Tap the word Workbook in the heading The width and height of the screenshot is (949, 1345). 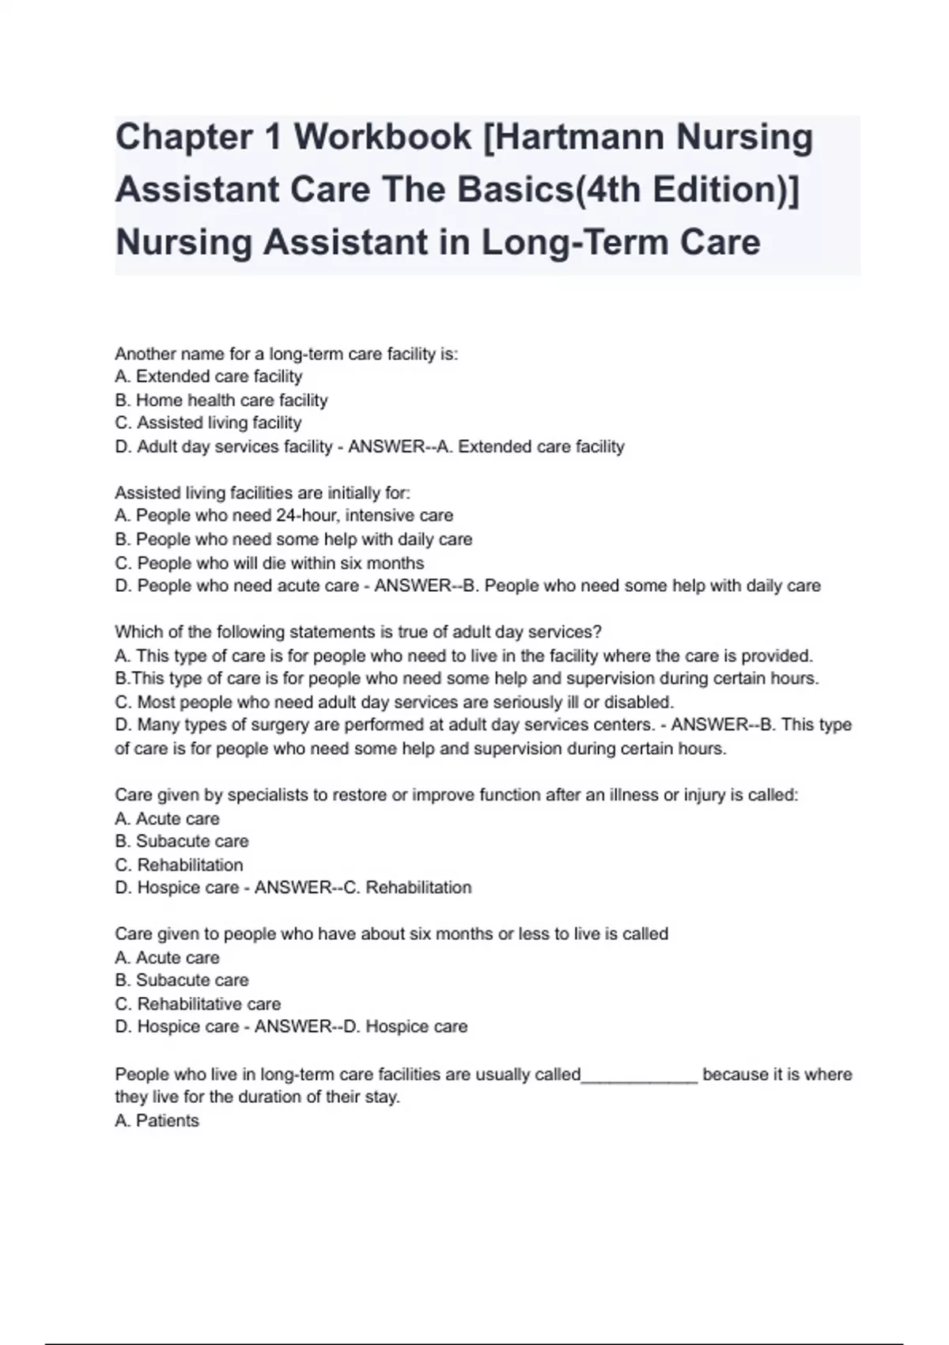(x=383, y=137)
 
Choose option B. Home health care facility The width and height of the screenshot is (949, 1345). (x=221, y=400)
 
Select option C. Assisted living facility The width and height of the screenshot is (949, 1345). (x=208, y=423)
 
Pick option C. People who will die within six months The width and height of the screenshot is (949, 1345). (x=270, y=563)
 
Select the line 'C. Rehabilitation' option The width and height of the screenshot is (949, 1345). (x=179, y=865)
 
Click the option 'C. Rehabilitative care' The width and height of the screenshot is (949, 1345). (x=198, y=1004)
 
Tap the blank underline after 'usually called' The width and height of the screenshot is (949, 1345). (x=639, y=1074)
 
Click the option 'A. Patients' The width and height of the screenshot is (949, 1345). (x=157, y=1120)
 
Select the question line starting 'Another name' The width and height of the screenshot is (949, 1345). (x=286, y=354)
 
